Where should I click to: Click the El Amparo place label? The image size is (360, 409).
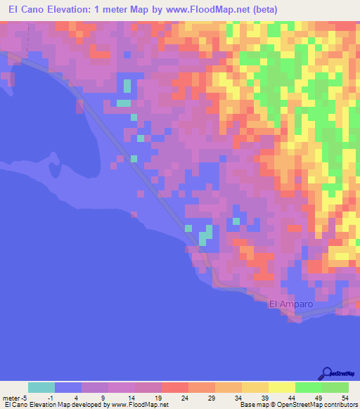[x=289, y=304]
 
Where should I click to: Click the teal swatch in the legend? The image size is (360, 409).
[x=41, y=387]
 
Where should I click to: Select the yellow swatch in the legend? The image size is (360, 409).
[x=281, y=387]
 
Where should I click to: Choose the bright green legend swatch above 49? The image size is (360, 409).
[x=308, y=387]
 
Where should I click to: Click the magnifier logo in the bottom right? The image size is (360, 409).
[x=327, y=373]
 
